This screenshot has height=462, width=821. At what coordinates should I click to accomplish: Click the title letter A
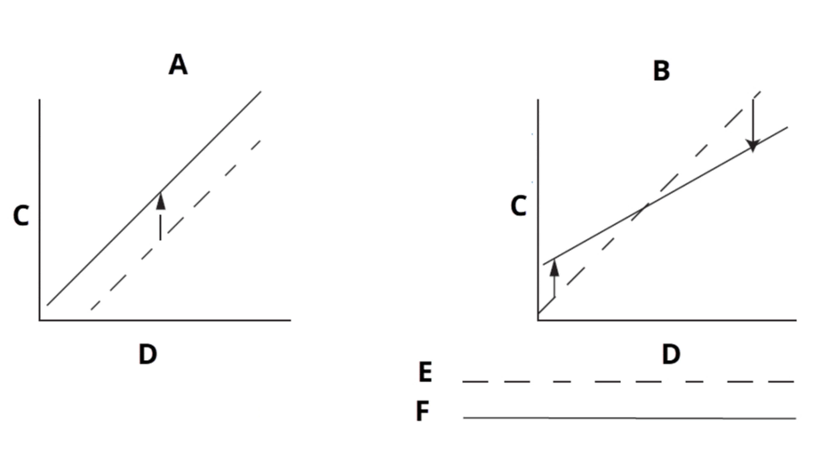178,65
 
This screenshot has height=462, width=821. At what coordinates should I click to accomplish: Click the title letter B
662,71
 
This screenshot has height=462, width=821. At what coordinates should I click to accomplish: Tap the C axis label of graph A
21,216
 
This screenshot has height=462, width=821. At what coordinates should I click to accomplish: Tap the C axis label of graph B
518,206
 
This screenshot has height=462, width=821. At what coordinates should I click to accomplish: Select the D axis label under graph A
148,354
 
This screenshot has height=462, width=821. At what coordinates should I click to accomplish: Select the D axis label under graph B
671,354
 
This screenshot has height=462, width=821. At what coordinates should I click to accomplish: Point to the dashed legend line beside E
628,381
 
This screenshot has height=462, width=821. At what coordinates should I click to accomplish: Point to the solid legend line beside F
629,418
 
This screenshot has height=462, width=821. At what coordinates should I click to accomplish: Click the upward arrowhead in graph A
160,201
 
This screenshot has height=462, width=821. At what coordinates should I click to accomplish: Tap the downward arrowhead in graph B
753,145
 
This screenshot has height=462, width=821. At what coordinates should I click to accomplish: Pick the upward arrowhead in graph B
554,268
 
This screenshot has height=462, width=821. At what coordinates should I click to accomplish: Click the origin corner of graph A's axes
40,320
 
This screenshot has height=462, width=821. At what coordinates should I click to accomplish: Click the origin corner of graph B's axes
538,320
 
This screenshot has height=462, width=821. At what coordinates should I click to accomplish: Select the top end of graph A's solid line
261,91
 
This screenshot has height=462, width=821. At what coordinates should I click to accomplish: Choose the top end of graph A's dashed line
260,140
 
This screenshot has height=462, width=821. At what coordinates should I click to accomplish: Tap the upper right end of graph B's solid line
787,127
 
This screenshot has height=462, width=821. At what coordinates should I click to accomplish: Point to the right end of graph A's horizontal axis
291,320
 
